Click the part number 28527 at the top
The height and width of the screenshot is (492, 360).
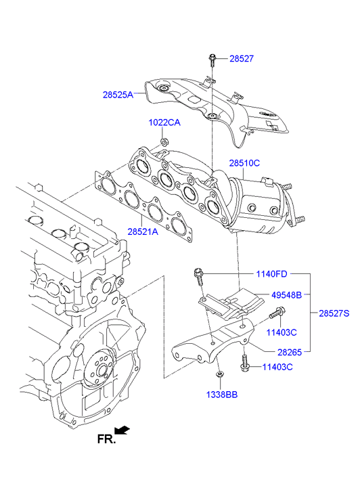coord(242,59)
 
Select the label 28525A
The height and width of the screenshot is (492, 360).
coord(118,95)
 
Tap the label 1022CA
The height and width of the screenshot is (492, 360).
coord(164,122)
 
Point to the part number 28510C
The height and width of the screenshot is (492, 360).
coord(244,163)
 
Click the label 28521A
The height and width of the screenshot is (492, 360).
coord(143,231)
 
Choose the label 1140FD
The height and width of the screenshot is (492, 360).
coord(271,274)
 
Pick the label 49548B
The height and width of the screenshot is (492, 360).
coord(286,295)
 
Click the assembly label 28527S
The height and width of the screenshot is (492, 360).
coord(334,313)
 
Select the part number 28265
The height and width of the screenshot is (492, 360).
coord(290,353)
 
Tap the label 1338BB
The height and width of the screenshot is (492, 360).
coord(222,395)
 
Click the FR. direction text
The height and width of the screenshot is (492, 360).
coord(106,439)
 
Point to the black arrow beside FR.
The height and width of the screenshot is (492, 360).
coord(122,430)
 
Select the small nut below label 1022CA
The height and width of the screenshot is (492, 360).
coord(164,141)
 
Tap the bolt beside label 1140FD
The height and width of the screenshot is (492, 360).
coord(199,276)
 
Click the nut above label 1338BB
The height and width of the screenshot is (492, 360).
coord(220,374)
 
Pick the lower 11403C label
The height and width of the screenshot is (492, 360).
coord(277,367)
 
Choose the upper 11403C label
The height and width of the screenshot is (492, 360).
coord(282,332)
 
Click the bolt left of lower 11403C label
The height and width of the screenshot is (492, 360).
coord(245,363)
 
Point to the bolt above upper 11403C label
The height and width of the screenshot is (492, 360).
coord(277,313)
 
